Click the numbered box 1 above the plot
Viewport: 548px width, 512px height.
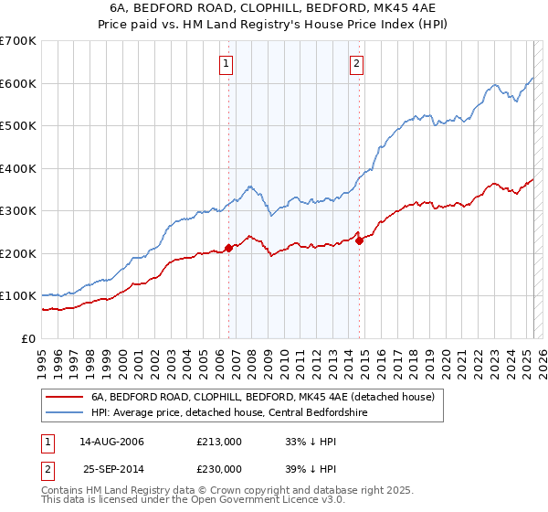tap(225, 64)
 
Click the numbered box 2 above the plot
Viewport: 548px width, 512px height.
tap(355, 64)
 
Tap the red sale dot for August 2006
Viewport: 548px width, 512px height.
tap(229, 248)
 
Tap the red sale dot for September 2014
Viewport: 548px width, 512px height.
tap(360, 240)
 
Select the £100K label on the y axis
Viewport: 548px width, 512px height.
tap(18, 296)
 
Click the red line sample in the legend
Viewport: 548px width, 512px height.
tap(65, 397)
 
